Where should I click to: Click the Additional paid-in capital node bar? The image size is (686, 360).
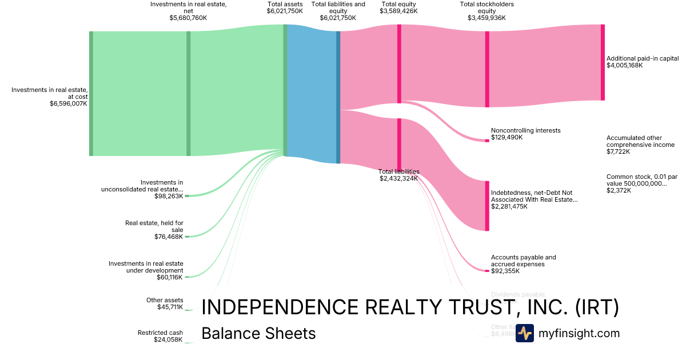tap(603, 62)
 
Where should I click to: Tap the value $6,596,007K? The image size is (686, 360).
tap(69, 104)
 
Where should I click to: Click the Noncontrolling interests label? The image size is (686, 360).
tap(525, 130)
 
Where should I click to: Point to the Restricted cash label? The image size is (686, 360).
tap(160, 333)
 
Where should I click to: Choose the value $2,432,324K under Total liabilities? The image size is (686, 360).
tap(398, 178)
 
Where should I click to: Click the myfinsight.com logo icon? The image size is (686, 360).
tap(524, 333)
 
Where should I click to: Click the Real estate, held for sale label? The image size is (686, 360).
tap(154, 226)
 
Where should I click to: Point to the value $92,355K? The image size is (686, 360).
tap(506, 271)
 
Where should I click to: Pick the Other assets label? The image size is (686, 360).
tap(165, 300)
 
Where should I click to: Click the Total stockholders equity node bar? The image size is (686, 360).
tap(487, 69)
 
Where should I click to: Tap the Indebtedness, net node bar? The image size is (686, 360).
tap(487, 206)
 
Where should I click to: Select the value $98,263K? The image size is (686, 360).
tap(169, 196)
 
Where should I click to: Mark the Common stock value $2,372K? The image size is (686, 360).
tap(619, 190)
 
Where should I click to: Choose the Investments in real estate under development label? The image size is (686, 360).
tap(146, 267)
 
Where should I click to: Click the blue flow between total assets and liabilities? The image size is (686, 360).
tap(312, 94)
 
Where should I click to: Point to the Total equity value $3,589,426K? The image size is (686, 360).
tap(398, 10)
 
